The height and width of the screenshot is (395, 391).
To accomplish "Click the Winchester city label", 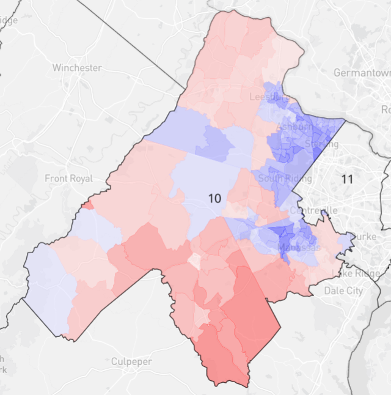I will [x=77, y=68].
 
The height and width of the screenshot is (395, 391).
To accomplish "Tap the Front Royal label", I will [x=69, y=179].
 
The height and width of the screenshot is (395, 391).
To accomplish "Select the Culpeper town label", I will [x=131, y=361].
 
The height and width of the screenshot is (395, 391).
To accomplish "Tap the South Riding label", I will [x=285, y=179].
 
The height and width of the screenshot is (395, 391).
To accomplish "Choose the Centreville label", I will [x=313, y=211].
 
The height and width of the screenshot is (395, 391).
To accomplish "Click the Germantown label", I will [x=362, y=73].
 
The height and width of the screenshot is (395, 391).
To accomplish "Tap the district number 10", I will [x=214, y=198].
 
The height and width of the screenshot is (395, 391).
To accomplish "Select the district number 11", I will [x=348, y=179].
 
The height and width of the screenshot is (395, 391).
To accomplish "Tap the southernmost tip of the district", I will [x=248, y=386].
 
